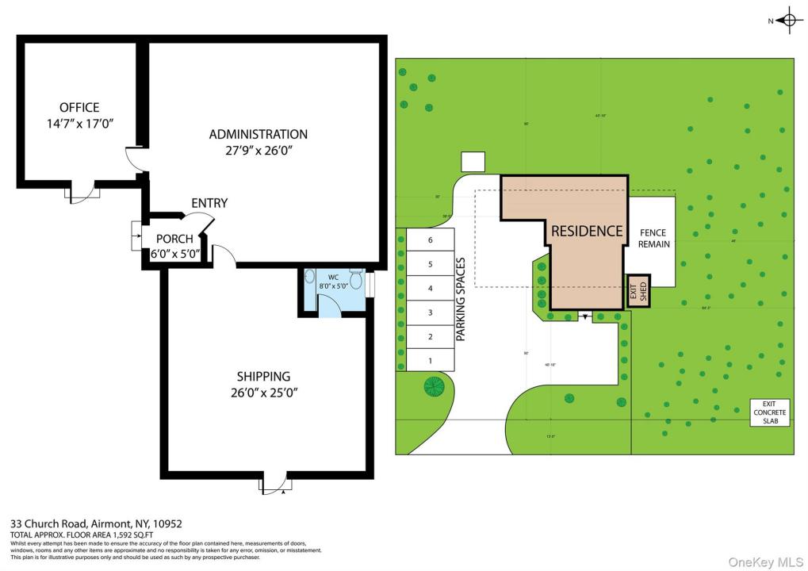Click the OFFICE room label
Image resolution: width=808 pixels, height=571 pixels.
pos(79,108)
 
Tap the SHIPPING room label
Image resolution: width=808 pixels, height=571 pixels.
pos(263,376)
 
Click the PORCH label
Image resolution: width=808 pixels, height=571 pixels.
pos(174,239)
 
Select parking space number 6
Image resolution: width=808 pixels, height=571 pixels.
pos(430,240)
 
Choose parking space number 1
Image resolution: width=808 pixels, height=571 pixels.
pos(430,361)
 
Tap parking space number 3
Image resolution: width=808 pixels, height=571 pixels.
pos(430,312)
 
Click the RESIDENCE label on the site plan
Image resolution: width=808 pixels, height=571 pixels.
pos(587,231)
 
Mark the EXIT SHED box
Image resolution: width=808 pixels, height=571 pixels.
pos(638,292)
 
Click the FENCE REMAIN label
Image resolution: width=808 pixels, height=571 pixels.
pos(654,239)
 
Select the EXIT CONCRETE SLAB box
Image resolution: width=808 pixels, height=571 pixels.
pos(769,412)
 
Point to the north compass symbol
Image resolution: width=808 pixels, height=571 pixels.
pos(789,21)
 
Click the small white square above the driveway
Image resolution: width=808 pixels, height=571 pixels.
pos(473,162)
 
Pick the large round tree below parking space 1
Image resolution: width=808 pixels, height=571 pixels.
pos(434,387)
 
